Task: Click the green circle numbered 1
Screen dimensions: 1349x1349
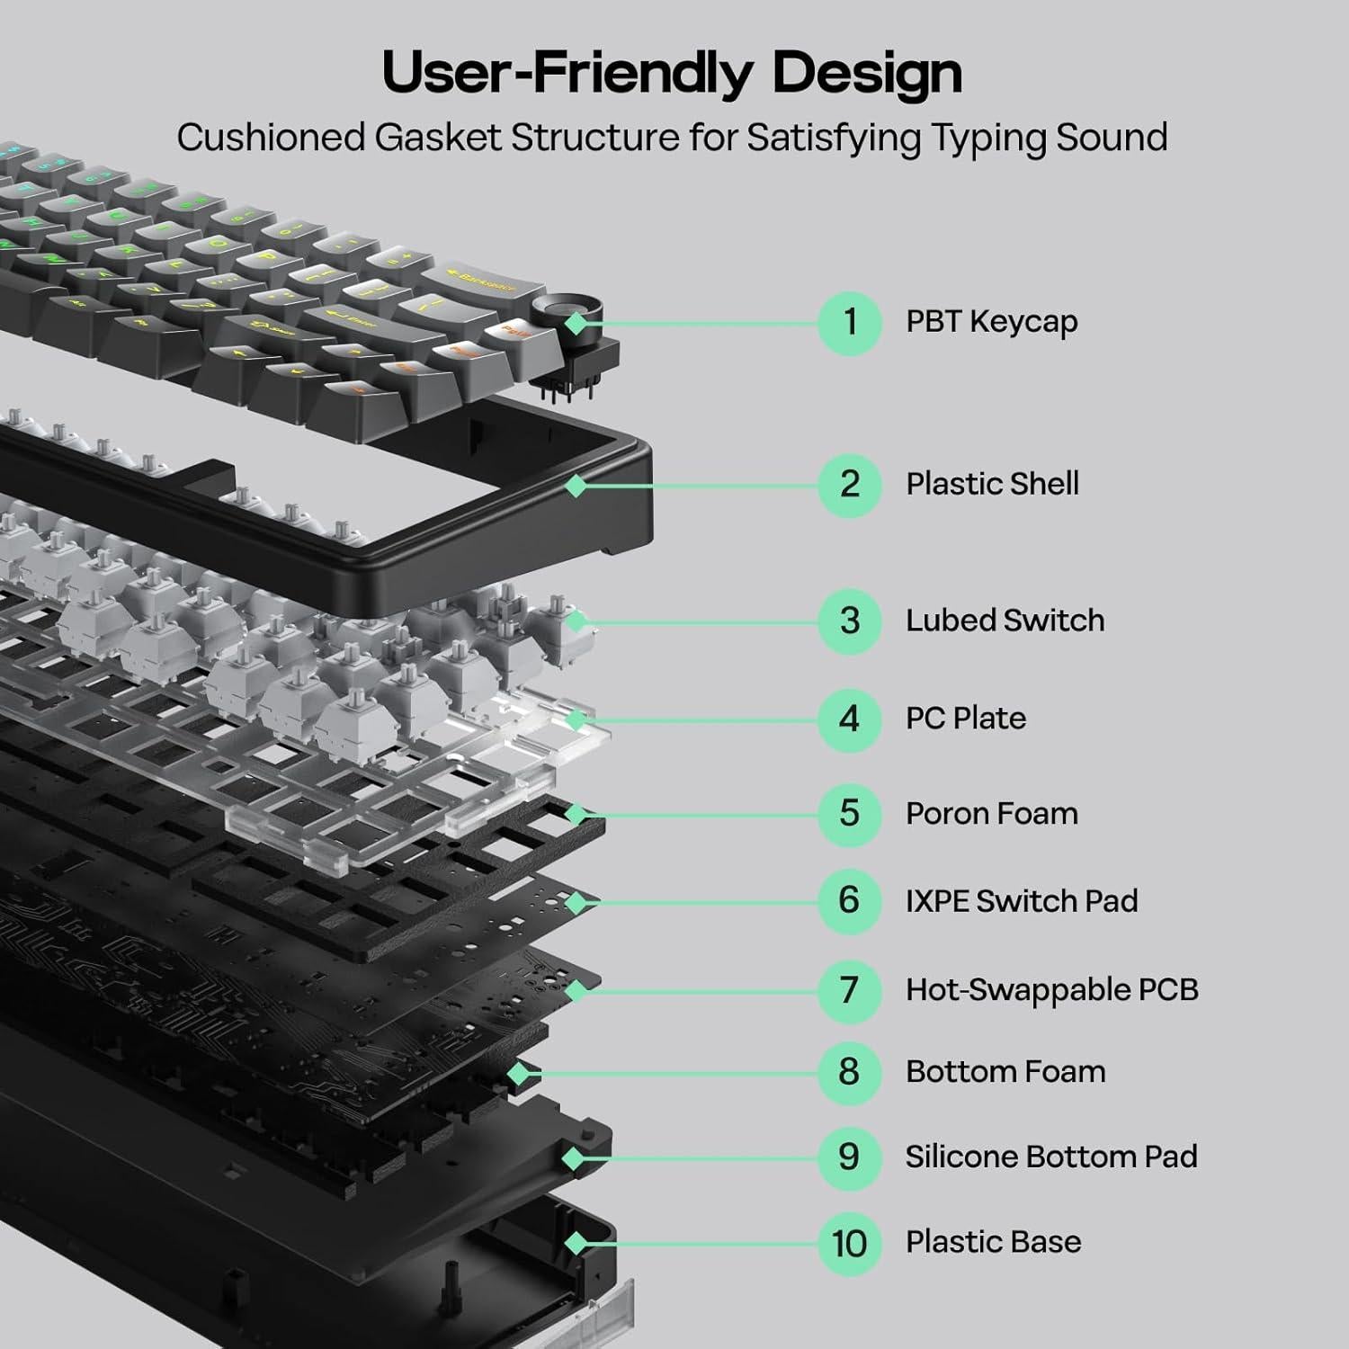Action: pos(849,323)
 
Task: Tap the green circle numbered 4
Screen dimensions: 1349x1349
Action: pos(849,719)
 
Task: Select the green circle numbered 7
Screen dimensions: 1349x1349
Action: pos(849,991)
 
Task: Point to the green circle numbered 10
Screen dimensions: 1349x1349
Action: pos(849,1244)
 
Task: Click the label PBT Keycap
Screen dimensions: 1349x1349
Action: pos(991,322)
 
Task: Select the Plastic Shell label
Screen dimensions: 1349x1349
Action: pos(992,484)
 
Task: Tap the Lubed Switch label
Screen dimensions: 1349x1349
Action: pos(1005,621)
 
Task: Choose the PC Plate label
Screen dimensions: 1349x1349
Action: pos(965,719)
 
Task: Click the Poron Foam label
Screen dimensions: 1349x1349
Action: pos(991,814)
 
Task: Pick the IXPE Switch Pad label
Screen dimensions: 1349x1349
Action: pos(1022,901)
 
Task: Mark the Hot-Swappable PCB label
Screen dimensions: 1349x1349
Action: pos(1051,990)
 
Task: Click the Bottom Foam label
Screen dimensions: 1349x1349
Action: pos(1005,1072)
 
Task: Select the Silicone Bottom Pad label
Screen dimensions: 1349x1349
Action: pos(1051,1157)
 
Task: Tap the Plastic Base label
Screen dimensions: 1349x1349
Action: pos(993,1242)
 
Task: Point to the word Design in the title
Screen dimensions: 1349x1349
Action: pos(867,72)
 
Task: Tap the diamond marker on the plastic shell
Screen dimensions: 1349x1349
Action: pos(576,486)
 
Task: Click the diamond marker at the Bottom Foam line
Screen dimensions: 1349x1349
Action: pos(517,1073)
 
